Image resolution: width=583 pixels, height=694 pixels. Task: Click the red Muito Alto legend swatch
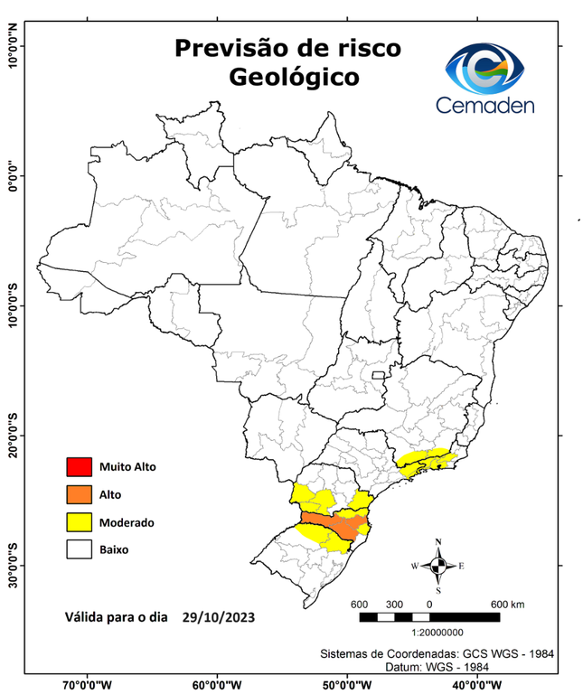point(79,467)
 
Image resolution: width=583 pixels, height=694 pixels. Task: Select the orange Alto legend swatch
point(79,494)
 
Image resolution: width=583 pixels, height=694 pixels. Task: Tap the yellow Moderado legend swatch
point(79,521)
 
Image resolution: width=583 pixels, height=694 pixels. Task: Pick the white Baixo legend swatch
point(79,549)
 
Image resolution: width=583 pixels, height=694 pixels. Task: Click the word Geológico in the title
point(293,78)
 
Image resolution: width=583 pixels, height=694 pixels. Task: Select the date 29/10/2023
point(218,618)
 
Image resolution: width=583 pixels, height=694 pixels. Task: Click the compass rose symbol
point(438,566)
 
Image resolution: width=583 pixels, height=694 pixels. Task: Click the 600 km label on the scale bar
point(507,603)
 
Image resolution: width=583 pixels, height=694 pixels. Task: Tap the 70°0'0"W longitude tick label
point(88,684)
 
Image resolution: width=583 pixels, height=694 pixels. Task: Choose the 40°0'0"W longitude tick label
point(478,684)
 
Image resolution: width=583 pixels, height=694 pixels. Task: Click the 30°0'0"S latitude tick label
point(13,566)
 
